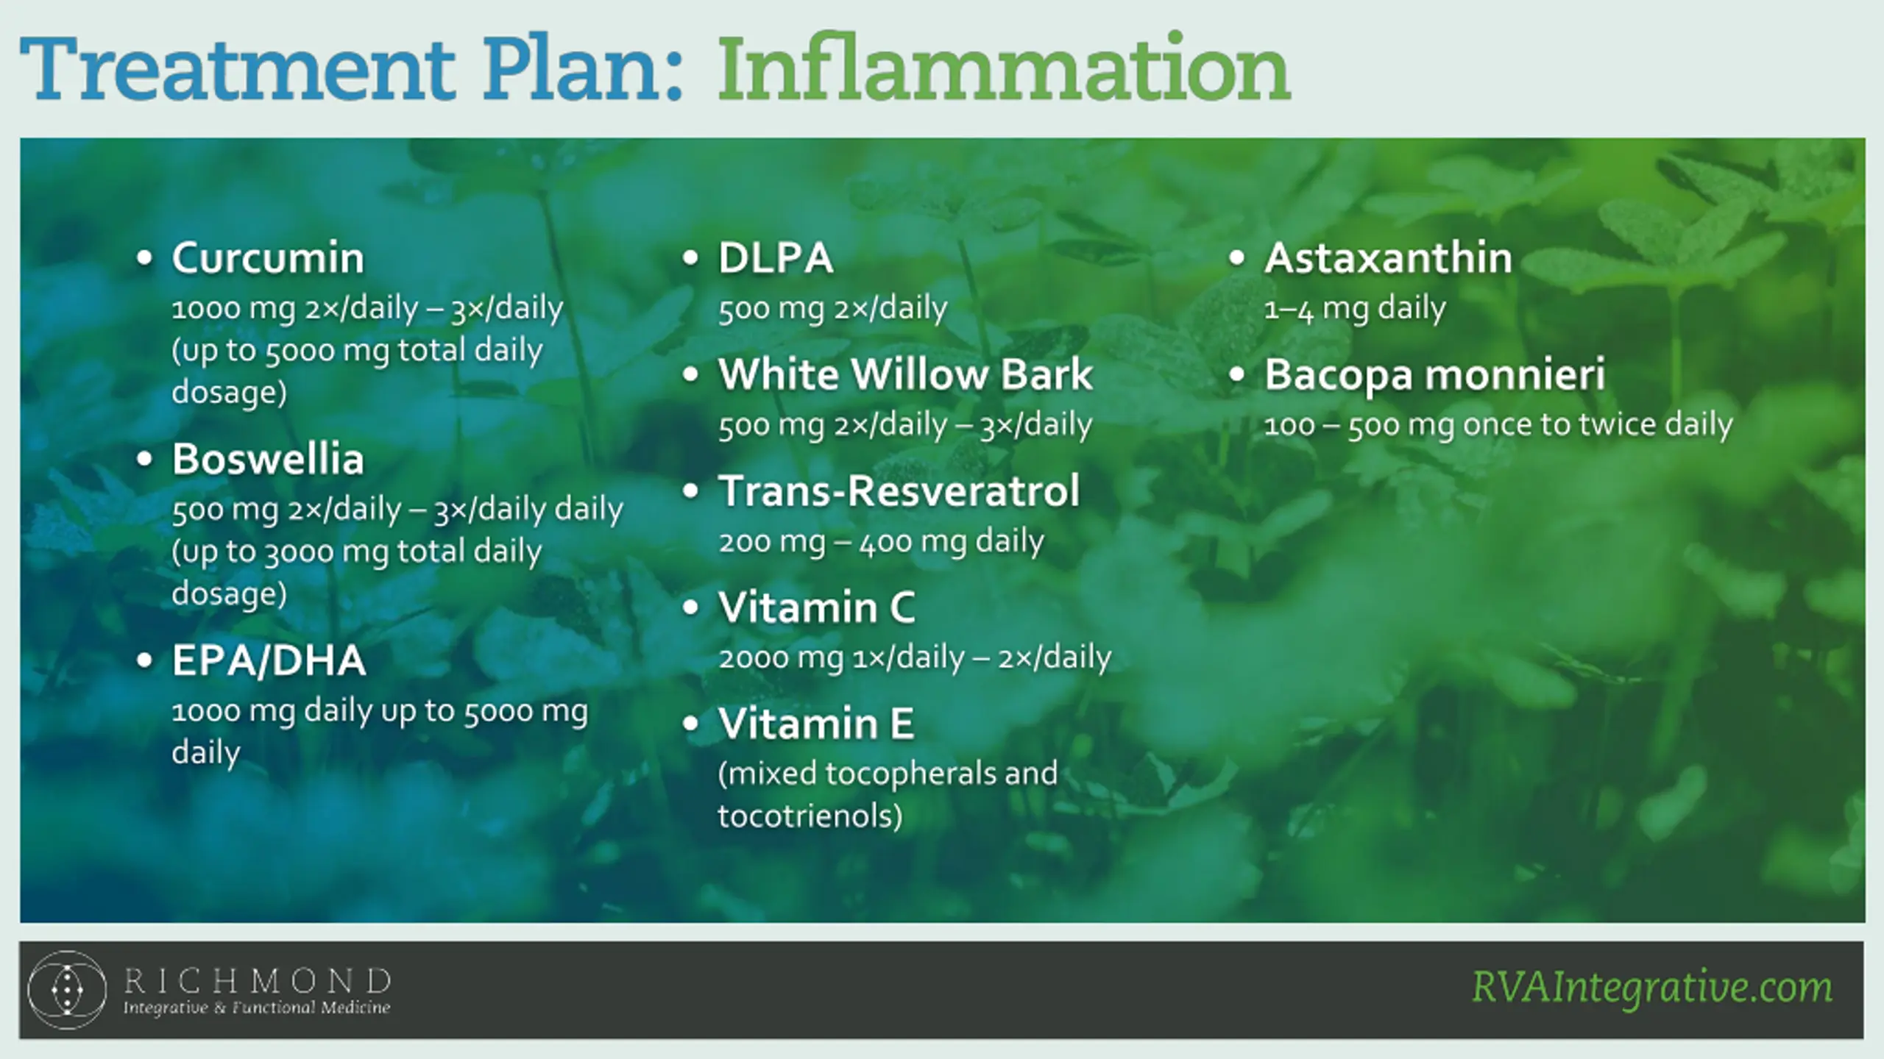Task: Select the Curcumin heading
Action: (268, 258)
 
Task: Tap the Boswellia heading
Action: (268, 460)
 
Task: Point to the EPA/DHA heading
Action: (269, 660)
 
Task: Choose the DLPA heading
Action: (776, 258)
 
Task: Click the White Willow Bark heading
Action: (906, 374)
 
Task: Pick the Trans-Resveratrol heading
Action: (899, 491)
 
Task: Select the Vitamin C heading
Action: (817, 607)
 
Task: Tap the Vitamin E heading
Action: (816, 724)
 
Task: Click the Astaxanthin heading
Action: (1388, 258)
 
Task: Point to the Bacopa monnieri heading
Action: (1434, 375)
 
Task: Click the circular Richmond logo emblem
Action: (67, 990)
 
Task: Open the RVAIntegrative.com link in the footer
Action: (1652, 987)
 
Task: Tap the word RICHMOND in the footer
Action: (257, 981)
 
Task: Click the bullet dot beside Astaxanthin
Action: (1236, 258)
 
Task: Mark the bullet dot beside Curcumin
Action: (144, 258)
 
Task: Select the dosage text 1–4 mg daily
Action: (1355, 308)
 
